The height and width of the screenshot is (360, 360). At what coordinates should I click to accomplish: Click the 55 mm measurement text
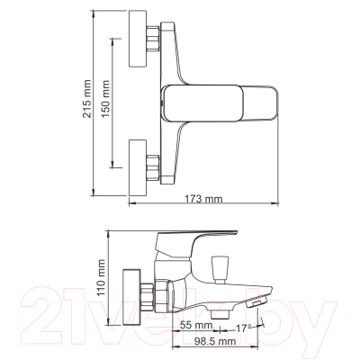pos(197,324)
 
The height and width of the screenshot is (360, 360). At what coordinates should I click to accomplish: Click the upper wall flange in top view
pos(139,40)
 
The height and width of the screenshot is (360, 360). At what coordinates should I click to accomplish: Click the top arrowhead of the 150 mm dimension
pos(112,40)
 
